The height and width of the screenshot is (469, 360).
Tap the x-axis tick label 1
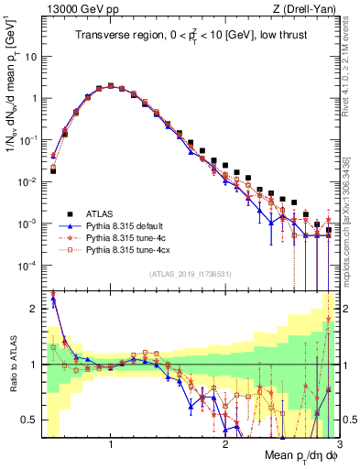pyautogui.click(x=111, y=446)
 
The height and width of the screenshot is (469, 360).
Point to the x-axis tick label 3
pyautogui.click(x=339, y=446)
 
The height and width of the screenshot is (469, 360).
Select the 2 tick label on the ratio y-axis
pyautogui.click(x=34, y=309)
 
